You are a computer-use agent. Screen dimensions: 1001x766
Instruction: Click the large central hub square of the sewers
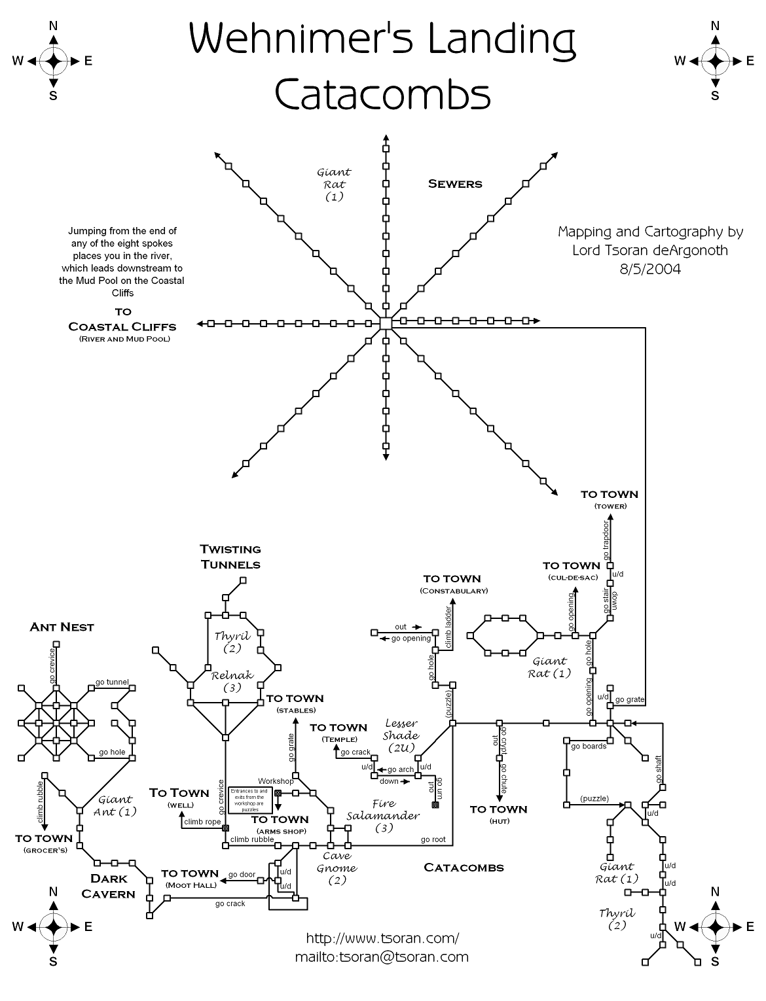click(386, 323)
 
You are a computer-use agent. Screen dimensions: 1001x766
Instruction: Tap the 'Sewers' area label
click(455, 184)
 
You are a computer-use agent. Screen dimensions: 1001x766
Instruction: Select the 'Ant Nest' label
click(62, 627)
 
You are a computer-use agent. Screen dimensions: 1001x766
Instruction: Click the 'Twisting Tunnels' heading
click(230, 557)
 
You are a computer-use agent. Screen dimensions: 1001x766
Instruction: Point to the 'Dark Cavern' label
click(109, 886)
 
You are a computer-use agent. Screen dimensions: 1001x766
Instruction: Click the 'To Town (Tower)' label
click(610, 499)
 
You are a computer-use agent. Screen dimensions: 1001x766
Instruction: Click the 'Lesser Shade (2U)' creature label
click(401, 735)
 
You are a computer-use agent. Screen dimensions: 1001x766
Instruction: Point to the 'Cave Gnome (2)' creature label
click(337, 868)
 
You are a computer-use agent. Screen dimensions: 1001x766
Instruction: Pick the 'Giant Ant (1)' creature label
click(117, 805)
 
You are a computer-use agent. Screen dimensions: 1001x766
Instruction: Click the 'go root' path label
click(433, 839)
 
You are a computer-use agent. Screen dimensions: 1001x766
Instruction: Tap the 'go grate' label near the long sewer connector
click(630, 699)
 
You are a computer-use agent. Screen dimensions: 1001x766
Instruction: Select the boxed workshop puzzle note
click(251, 799)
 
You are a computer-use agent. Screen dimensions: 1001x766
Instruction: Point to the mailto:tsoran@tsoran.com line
click(382, 957)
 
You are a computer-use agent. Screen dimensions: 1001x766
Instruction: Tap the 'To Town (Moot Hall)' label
click(190, 878)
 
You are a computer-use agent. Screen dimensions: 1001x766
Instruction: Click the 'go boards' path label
click(589, 746)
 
